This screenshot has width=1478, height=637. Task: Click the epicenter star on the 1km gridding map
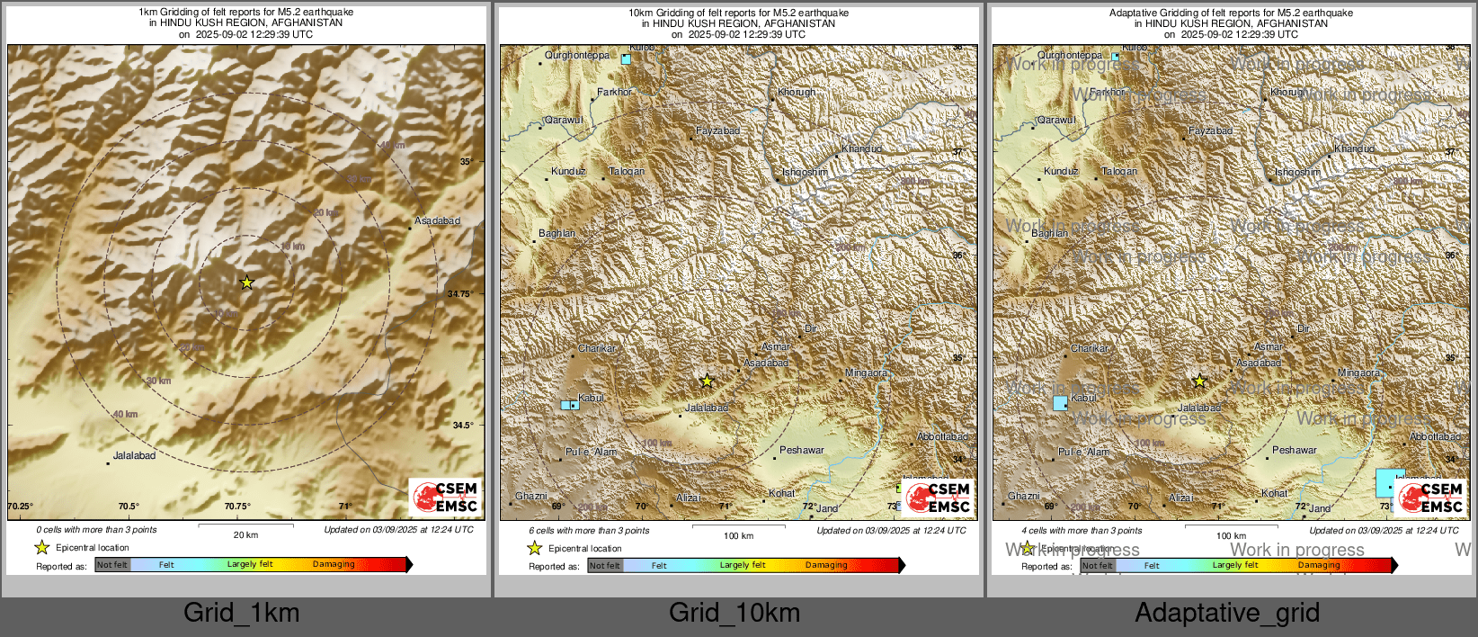pyautogui.click(x=247, y=283)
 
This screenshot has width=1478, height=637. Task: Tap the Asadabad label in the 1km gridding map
pyautogui.click(x=437, y=221)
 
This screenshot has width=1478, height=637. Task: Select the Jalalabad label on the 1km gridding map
pyautogui.click(x=134, y=456)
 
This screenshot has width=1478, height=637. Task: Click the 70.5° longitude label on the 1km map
pyautogui.click(x=129, y=507)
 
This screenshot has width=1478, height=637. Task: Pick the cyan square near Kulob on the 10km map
pyautogui.click(x=626, y=59)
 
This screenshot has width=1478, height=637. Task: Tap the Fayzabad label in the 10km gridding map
pyautogui.click(x=717, y=131)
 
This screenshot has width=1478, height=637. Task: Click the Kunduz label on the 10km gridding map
pyautogui.click(x=568, y=172)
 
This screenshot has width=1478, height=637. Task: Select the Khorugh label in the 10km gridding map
pyautogui.click(x=797, y=93)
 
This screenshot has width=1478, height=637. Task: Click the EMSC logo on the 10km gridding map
pyautogui.click(x=938, y=498)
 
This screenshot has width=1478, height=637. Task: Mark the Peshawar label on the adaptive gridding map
pyautogui.click(x=1294, y=451)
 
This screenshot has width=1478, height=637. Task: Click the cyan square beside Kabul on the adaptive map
pyautogui.click(x=1060, y=403)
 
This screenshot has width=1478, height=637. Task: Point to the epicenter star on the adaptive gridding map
pyautogui.click(x=1199, y=381)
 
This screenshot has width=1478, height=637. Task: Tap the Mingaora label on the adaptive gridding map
pyautogui.click(x=1358, y=373)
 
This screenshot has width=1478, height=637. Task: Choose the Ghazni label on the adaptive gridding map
pyautogui.click(x=1023, y=497)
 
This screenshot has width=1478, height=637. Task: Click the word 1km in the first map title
pyautogui.click(x=148, y=13)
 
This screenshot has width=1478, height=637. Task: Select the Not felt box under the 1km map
pyautogui.click(x=112, y=565)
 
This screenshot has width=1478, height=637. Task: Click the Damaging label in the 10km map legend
pyautogui.click(x=826, y=566)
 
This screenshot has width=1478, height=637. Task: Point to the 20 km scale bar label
pyautogui.click(x=245, y=535)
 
